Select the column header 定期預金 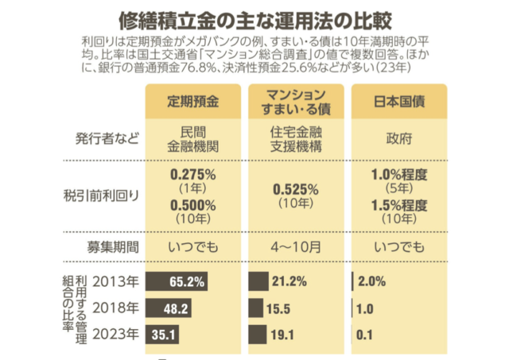tap(193, 102)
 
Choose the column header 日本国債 tap(398, 102)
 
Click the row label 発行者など tap(108, 138)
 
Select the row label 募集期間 tap(115, 246)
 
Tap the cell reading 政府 tap(398, 138)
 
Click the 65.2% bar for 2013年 tap(177, 281)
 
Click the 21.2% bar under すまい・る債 tap(258, 281)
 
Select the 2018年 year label tap(117, 308)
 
